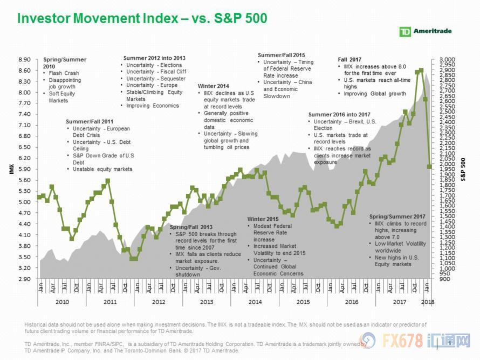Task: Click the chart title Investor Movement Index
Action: pos(142,18)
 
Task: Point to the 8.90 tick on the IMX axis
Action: pos(25,60)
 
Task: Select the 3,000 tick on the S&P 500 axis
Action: pos(448,60)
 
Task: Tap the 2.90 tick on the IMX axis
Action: pos(25,279)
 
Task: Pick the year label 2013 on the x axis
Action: pos(207,302)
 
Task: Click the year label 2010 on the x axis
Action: pos(61,302)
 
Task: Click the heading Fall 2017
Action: pos(350,59)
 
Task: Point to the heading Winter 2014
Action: pos(213,86)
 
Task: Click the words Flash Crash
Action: pos(64,73)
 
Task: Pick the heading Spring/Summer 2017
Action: pos(393,217)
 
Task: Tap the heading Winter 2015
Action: pos(263,219)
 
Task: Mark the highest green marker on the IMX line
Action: pos(421,70)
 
